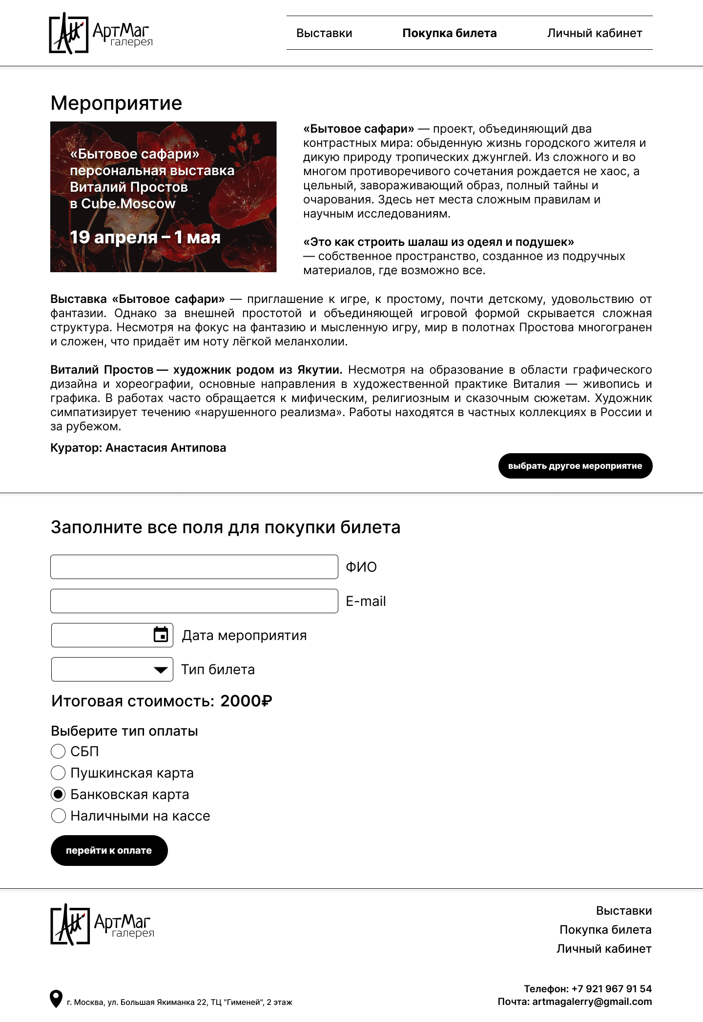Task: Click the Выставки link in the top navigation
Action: click(324, 33)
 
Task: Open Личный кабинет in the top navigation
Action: click(594, 33)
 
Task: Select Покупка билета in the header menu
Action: click(449, 33)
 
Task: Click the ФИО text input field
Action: click(194, 567)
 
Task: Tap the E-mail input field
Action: click(194, 601)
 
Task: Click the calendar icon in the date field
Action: click(161, 635)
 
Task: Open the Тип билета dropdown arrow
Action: click(160, 670)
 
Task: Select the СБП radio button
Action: click(58, 751)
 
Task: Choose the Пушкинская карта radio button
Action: click(58, 773)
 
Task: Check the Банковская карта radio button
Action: click(58, 794)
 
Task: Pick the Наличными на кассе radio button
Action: click(58, 816)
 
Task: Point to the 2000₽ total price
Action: click(246, 701)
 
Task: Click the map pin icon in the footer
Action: click(56, 999)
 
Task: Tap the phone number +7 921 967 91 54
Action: click(612, 989)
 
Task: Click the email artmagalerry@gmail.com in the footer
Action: click(592, 1002)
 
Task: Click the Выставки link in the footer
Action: click(623, 911)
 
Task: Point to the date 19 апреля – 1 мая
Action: click(145, 237)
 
